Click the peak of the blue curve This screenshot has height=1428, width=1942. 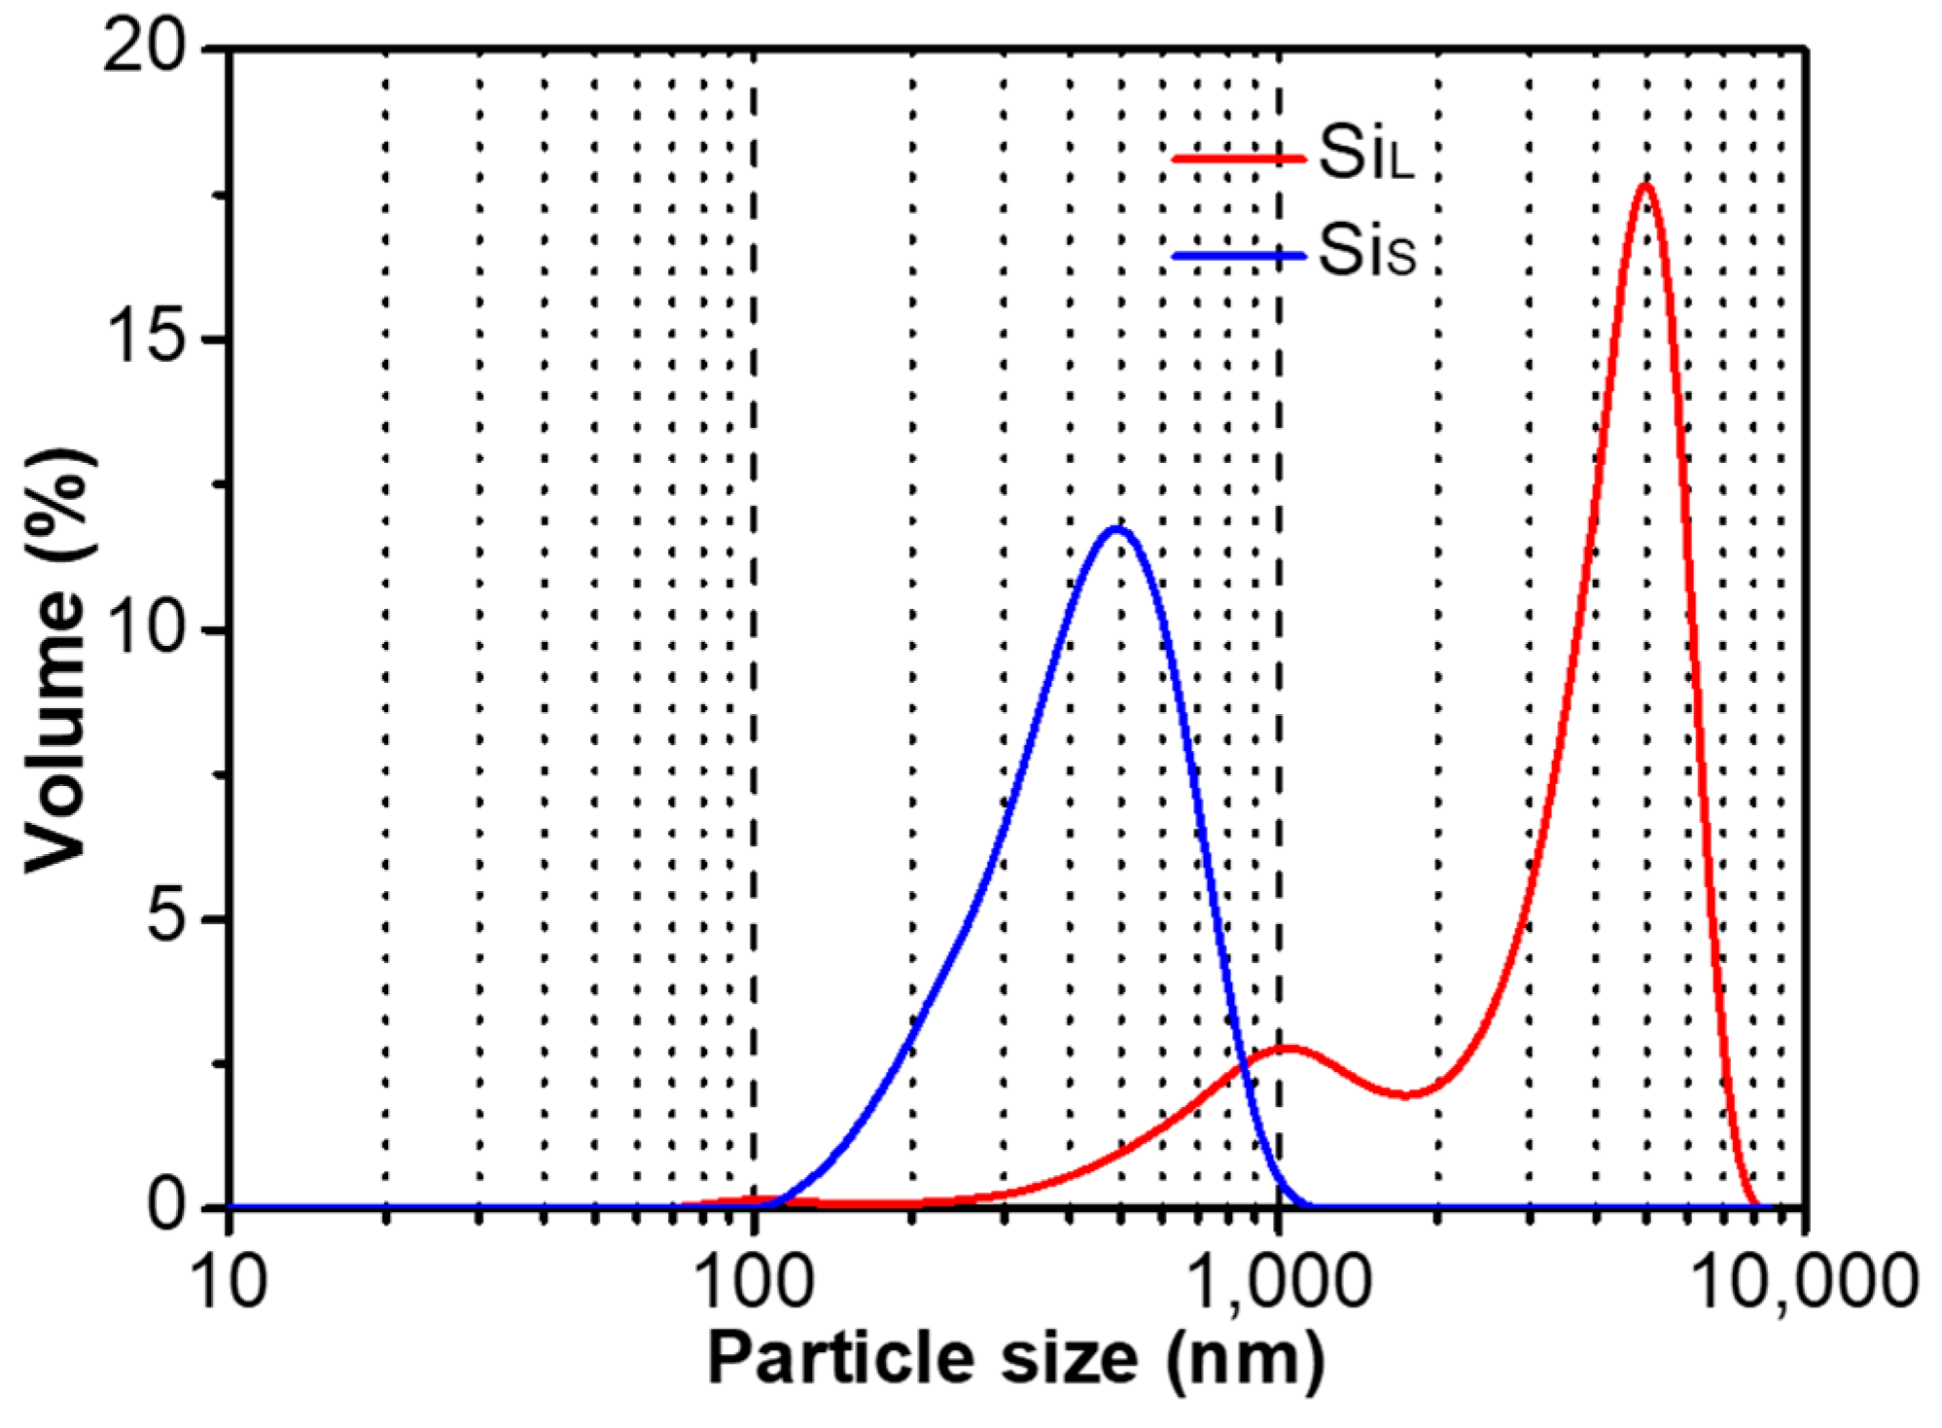pyautogui.click(x=1117, y=529)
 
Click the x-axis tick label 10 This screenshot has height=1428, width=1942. pyautogui.click(x=230, y=1282)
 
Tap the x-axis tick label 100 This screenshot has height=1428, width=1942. pyautogui.click(x=757, y=1282)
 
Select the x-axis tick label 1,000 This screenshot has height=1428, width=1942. pyautogui.click(x=1280, y=1282)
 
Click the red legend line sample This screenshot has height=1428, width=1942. pyautogui.click(x=1237, y=158)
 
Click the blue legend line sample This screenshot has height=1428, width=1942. pyautogui.click(x=1237, y=257)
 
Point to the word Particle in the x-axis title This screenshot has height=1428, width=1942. pyautogui.click(x=839, y=1359)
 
